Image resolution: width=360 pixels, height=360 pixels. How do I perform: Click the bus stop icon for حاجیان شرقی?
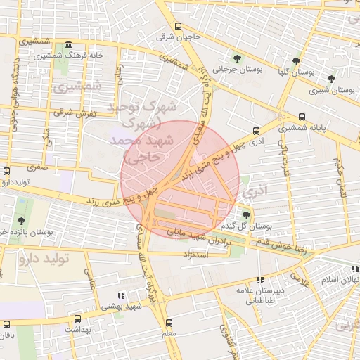[x=178, y=27]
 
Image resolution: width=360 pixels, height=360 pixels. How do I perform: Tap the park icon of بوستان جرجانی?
[x=236, y=58]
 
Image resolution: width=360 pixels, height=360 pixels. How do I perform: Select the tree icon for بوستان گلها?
[x=296, y=61]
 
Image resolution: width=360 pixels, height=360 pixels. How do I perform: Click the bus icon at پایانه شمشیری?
[x=302, y=117]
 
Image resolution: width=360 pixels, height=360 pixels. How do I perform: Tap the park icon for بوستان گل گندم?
[x=245, y=214]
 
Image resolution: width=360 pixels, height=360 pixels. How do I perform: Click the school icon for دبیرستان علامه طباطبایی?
[x=260, y=279]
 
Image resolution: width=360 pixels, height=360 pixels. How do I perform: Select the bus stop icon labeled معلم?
[x=168, y=322]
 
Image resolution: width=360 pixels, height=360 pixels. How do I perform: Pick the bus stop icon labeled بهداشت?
[x=66, y=319]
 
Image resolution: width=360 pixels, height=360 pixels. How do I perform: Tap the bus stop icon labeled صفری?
[x=7, y=171]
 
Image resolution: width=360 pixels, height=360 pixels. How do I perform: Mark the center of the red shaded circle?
[x=179, y=179]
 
